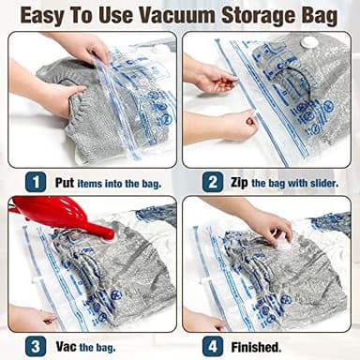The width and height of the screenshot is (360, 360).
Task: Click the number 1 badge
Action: click(35, 182)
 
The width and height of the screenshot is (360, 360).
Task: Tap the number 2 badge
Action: click(212, 182)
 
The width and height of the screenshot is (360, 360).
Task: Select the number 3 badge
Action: click(35, 345)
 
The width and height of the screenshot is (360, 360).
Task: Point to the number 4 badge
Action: click(212, 345)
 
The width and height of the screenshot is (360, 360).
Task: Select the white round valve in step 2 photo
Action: click(307, 42)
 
